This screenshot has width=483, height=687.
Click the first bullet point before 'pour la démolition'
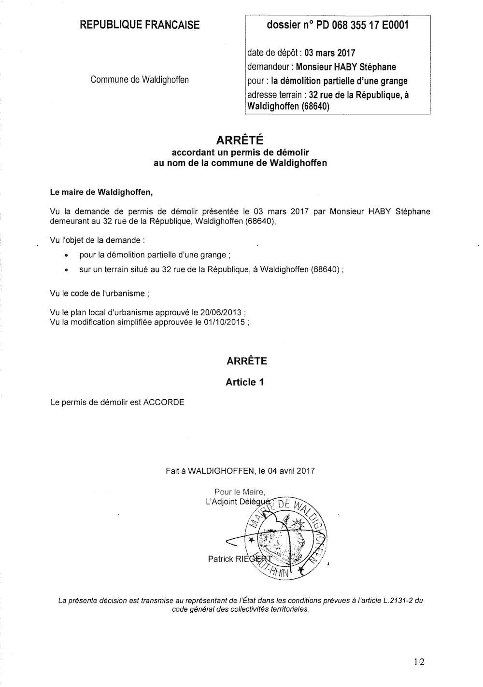point(66,255)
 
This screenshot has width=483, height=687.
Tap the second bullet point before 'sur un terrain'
point(66,271)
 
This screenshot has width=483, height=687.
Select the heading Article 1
point(244,382)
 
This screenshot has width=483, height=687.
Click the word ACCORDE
point(164,402)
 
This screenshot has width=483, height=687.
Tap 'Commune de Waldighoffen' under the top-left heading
point(140,80)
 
